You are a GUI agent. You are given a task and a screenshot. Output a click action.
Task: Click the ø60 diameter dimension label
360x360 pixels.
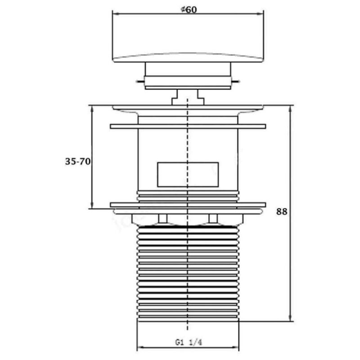[189, 9]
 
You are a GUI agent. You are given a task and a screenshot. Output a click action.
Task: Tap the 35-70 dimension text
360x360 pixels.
[78, 162]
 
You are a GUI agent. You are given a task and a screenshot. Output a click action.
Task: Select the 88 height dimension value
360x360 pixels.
[282, 211]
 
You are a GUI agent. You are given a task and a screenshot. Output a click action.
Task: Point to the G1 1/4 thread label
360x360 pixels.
[189, 342]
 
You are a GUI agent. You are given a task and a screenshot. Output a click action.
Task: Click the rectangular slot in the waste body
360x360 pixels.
[188, 175]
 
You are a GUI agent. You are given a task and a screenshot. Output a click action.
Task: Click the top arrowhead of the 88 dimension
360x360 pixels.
[290, 109]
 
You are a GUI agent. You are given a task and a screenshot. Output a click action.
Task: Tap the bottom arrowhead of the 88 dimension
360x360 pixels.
[290, 318]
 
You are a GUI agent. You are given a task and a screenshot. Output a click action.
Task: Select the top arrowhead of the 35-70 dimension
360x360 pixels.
[92, 109]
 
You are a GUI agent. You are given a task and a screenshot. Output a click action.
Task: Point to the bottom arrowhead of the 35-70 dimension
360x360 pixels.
[92, 205]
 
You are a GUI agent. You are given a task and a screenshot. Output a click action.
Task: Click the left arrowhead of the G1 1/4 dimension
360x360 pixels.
[141, 347]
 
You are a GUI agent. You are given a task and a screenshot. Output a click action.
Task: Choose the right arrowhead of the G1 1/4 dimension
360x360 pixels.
[235, 347]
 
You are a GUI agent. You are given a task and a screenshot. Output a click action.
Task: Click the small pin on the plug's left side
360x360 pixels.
[140, 81]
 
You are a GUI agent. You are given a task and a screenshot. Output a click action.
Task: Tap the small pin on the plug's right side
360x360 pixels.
[235, 81]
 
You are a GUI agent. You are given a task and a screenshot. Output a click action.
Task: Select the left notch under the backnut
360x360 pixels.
[163, 219]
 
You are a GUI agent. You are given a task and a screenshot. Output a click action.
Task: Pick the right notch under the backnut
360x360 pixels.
[213, 219]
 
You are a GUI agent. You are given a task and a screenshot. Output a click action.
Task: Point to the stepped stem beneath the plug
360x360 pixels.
[188, 97]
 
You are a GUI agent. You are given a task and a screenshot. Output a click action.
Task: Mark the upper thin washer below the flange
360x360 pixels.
[188, 126]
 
